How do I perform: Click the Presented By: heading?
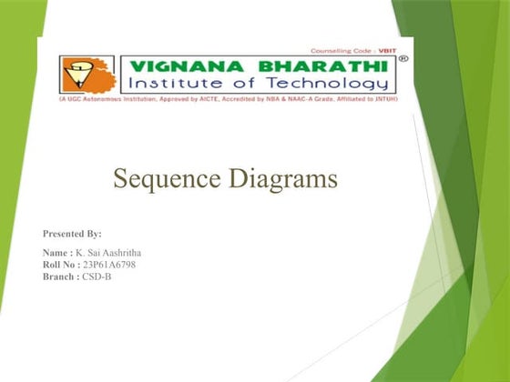click(x=72, y=234)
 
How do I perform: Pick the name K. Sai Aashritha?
click(x=120, y=251)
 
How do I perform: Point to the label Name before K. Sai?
click(x=57, y=251)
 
